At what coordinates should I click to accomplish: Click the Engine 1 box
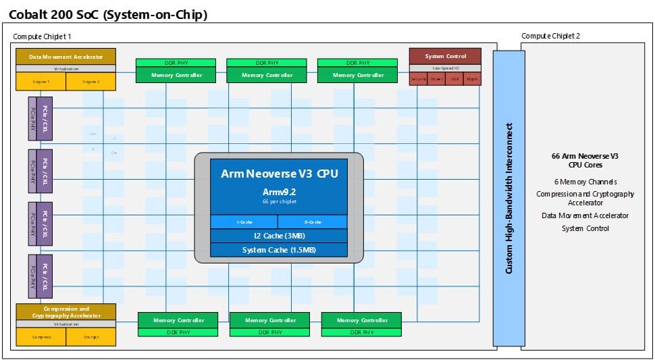tap(40, 81)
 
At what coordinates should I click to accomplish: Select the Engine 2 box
tap(90, 81)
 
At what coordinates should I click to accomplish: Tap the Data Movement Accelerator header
tap(65, 57)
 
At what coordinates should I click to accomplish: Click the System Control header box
tap(445, 56)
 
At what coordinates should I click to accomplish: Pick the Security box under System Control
tap(418, 79)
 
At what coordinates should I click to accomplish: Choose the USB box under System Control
tap(454, 79)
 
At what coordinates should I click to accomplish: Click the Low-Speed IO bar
tap(445, 68)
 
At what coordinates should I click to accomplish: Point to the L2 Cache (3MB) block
tap(279, 236)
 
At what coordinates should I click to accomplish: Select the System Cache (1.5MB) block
tap(279, 250)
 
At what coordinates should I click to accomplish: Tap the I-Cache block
tap(244, 222)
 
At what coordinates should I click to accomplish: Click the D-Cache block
tap(313, 222)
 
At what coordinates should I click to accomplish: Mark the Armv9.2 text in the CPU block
tap(279, 191)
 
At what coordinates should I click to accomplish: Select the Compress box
tap(41, 336)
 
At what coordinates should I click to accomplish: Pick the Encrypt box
tap(91, 336)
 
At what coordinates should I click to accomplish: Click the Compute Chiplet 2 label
tap(550, 36)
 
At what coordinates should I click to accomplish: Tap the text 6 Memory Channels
tap(585, 182)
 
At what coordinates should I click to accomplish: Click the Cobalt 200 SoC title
tap(107, 14)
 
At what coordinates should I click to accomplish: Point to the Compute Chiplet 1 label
tap(42, 36)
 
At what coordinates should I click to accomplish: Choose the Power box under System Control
tap(436, 79)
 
